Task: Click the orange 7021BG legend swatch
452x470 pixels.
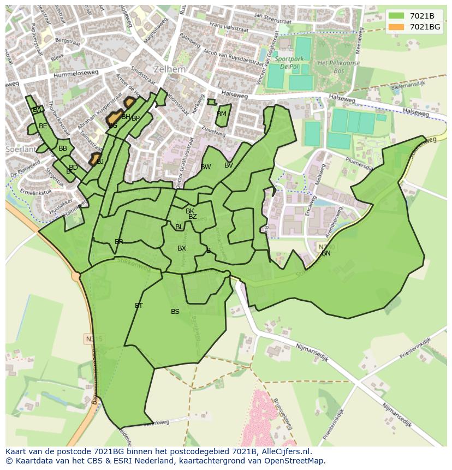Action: point(397,27)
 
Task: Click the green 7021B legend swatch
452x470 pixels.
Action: point(397,16)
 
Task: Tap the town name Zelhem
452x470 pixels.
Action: point(170,70)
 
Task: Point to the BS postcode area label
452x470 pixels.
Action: point(175,312)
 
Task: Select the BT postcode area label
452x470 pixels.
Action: point(139,306)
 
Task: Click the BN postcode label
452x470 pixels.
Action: point(326,253)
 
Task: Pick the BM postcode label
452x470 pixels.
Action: point(221,114)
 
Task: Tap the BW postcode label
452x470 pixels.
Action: point(206,167)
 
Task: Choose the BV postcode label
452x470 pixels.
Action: point(229,165)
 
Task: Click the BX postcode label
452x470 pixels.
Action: point(182,248)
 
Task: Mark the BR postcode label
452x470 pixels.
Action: point(119,242)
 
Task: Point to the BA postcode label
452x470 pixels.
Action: point(37,110)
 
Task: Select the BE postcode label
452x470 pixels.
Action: point(43,126)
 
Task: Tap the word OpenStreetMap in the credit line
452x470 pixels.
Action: point(294,461)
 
